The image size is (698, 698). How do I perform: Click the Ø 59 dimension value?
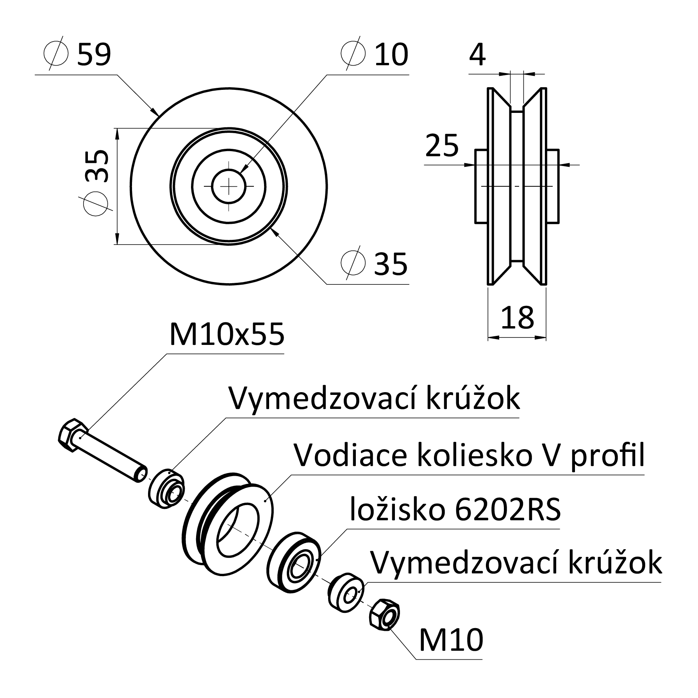[77, 54]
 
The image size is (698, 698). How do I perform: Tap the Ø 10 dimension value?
[375, 54]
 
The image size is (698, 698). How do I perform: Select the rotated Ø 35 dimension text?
[96, 182]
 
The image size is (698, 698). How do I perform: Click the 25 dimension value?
[442, 145]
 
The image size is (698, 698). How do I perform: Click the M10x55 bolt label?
[227, 335]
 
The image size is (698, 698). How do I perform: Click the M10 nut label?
[451, 640]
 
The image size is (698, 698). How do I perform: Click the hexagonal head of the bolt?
[73, 436]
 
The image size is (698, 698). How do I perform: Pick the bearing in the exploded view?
[294, 562]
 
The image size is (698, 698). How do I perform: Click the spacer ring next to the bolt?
[166, 489]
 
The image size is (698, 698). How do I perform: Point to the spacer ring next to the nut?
[346, 592]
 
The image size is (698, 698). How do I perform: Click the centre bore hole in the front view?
[229, 186]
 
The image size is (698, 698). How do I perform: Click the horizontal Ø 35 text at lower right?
[374, 264]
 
